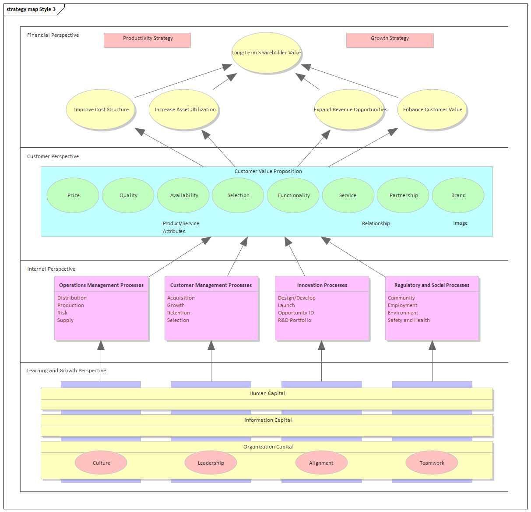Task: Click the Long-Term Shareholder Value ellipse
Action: [266, 53]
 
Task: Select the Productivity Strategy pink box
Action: [147, 40]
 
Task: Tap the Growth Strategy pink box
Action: [390, 40]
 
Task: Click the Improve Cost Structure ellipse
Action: [101, 109]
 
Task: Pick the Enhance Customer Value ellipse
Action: [432, 109]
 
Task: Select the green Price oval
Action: [73, 195]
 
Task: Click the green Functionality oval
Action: [293, 195]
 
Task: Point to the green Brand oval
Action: [458, 195]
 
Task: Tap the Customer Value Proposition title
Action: [268, 171]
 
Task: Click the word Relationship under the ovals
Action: [376, 223]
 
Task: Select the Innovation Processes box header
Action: [322, 285]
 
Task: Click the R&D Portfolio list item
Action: [295, 320]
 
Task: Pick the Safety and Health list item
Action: [408, 320]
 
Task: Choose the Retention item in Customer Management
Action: [179, 313]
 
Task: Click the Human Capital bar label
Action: [267, 393]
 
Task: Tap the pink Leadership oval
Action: [211, 463]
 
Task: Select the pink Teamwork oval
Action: [432, 463]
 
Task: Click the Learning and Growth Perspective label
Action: [67, 371]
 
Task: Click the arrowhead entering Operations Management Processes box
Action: [101, 345]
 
